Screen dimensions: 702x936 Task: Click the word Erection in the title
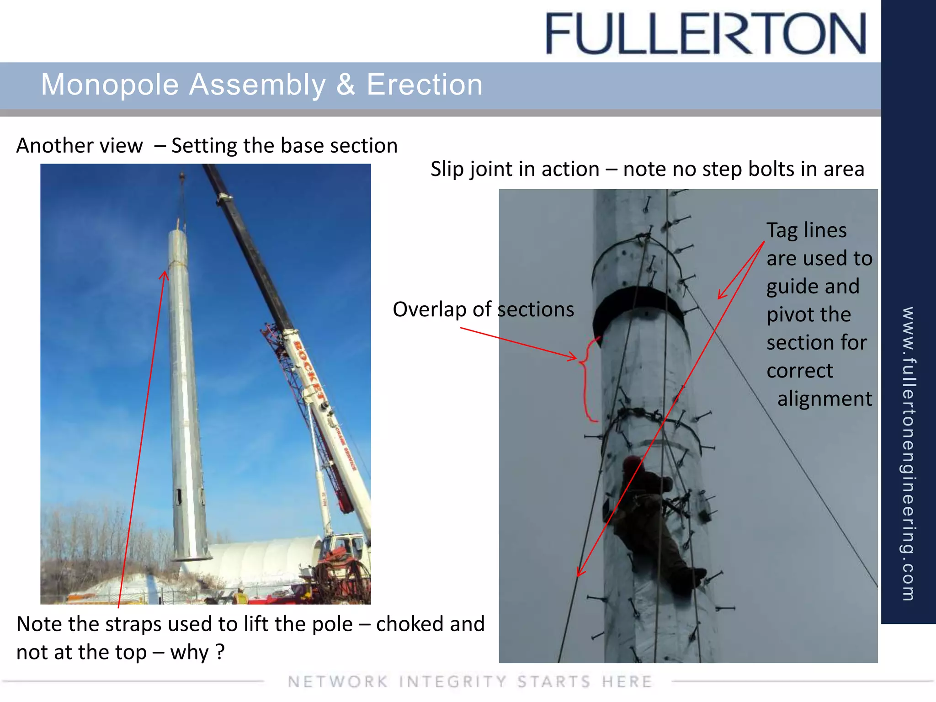pyautogui.click(x=424, y=85)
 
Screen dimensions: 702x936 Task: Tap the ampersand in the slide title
pyautogui.click(x=346, y=85)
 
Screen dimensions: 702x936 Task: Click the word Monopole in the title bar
pyautogui.click(x=110, y=85)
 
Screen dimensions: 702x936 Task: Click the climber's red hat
pyautogui.click(x=633, y=463)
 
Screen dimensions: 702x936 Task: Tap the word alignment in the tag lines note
pyautogui.click(x=824, y=399)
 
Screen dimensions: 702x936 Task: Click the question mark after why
pyautogui.click(x=220, y=652)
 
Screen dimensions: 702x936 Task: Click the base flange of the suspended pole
pyautogui.click(x=192, y=558)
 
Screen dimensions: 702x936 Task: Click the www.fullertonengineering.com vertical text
pyautogui.click(x=908, y=452)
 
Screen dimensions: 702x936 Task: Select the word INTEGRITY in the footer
pyautogui.click(x=452, y=681)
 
